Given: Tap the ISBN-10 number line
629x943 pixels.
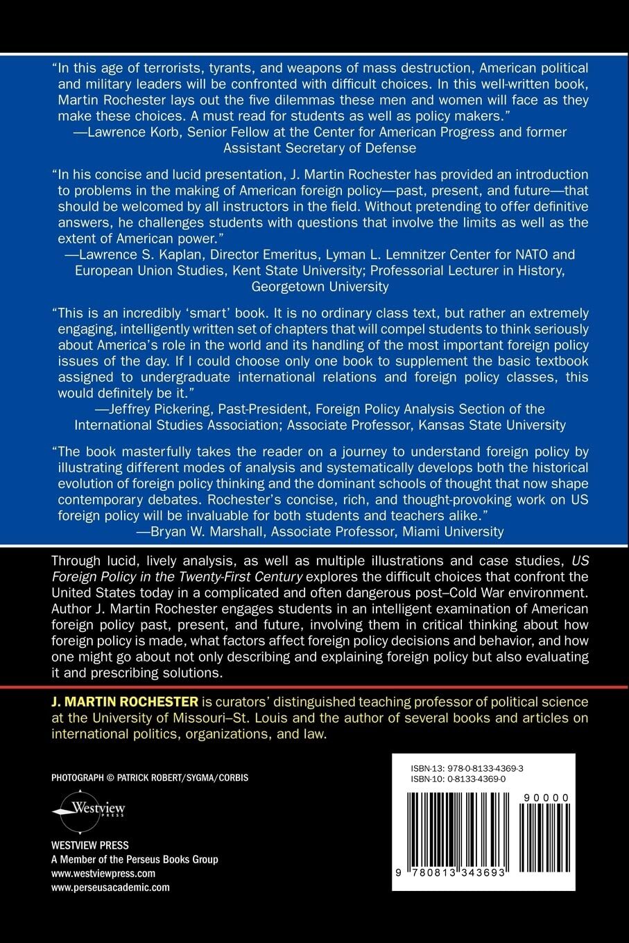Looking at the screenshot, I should point(458,779).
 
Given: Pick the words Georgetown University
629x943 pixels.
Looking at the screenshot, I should point(320,286).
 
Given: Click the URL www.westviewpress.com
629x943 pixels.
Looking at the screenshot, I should point(103,874).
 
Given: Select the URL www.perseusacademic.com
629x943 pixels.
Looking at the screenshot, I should point(110,887).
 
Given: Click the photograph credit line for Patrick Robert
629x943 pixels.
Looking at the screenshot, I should point(150,778).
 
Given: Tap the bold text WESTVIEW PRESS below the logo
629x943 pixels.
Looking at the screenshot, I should point(90,846).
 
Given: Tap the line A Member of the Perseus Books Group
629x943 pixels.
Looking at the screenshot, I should point(135,860).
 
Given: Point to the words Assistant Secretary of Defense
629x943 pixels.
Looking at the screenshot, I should point(320,147).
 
